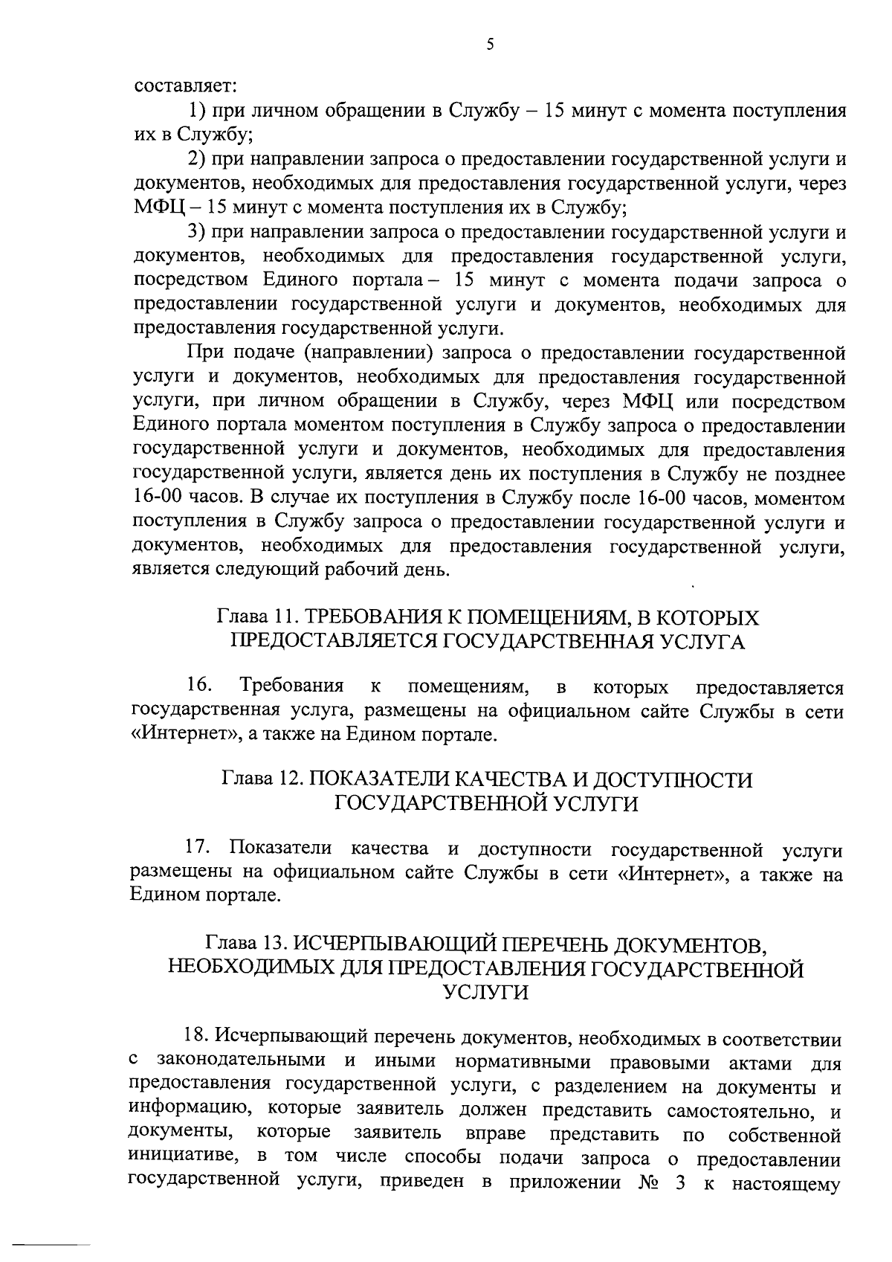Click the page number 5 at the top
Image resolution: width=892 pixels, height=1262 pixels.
click(490, 44)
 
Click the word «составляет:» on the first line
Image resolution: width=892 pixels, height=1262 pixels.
click(185, 86)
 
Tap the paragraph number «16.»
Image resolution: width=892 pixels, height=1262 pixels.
click(200, 685)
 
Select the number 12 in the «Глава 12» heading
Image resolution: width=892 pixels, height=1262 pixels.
click(289, 779)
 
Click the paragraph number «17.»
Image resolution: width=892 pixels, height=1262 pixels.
click(200, 849)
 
